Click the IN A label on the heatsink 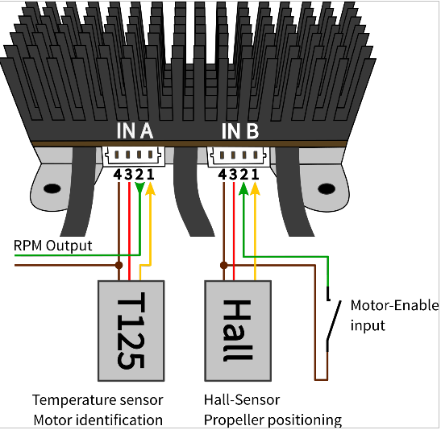pos(135,131)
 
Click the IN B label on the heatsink pos(240,131)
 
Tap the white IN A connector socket pos(133,155)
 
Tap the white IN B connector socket pos(239,156)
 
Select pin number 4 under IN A pos(118,175)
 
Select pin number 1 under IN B pos(255,175)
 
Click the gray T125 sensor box pos(131,331)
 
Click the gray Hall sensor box pos(238,331)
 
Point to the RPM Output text pos(52,246)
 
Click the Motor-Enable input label pos(394,316)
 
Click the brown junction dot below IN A pos(119,265)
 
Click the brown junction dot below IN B pos(224,265)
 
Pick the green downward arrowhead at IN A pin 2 pos(139,188)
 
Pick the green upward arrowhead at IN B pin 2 pos(243,188)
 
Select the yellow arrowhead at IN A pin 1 pos(151,188)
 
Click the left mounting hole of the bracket pos(52,188)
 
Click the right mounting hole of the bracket pos(327,188)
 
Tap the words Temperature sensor pos(98,400)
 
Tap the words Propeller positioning pos(273,420)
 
